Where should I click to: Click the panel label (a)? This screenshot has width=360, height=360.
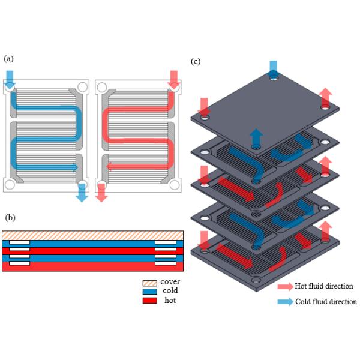coord(8,59)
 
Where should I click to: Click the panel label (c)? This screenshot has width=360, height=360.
coord(196,61)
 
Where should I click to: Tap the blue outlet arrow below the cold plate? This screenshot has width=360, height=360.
coord(82,192)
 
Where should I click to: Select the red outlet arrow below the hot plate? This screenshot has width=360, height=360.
coord(101,192)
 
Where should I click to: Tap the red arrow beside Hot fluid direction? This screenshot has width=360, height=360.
coord(284,286)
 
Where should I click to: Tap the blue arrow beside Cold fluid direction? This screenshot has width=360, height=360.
coord(284,302)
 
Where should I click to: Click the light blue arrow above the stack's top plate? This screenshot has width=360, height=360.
coord(274,67)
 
